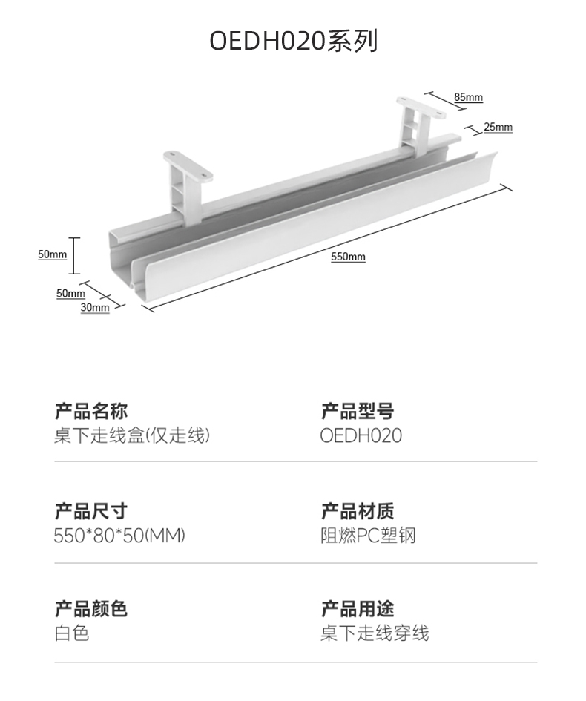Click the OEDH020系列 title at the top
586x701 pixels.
pyautogui.click(x=293, y=42)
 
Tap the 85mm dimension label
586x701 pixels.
pyautogui.click(x=468, y=97)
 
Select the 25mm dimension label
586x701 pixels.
pyautogui.click(x=498, y=127)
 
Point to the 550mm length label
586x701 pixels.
pyautogui.click(x=348, y=257)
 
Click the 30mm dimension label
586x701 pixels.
pyautogui.click(x=95, y=307)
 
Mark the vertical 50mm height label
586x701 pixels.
pyautogui.click(x=53, y=254)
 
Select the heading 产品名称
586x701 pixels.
pyautogui.click(x=90, y=410)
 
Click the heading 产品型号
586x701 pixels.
pyautogui.click(x=357, y=410)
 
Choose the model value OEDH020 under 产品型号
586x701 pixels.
pyautogui.click(x=361, y=435)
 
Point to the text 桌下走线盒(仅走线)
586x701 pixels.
pyautogui.click(x=131, y=435)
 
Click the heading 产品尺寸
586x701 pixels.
pyautogui.click(x=90, y=510)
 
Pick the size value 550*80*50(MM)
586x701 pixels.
pyautogui.click(x=119, y=535)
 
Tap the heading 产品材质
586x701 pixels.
pyautogui.click(x=357, y=510)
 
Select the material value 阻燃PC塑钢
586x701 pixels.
pyautogui.click(x=368, y=535)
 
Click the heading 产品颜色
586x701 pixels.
pyautogui.click(x=90, y=609)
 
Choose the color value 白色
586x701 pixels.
pyautogui.click(x=71, y=633)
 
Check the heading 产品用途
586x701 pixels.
pyautogui.click(x=357, y=609)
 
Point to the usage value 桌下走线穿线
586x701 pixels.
pyautogui.click(x=375, y=633)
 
